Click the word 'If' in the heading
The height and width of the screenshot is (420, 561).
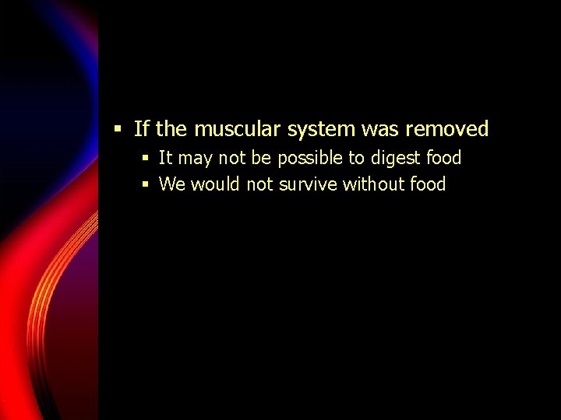(141, 129)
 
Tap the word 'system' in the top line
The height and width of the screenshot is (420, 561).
(311, 130)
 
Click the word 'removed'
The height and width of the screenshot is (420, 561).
(447, 129)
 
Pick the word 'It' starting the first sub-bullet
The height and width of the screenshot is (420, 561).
(165, 159)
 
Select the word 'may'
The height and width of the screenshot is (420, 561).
(196, 159)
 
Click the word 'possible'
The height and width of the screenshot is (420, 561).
(310, 159)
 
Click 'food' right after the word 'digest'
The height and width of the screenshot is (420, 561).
(444, 159)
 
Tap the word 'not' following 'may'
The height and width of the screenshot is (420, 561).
(232, 159)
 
